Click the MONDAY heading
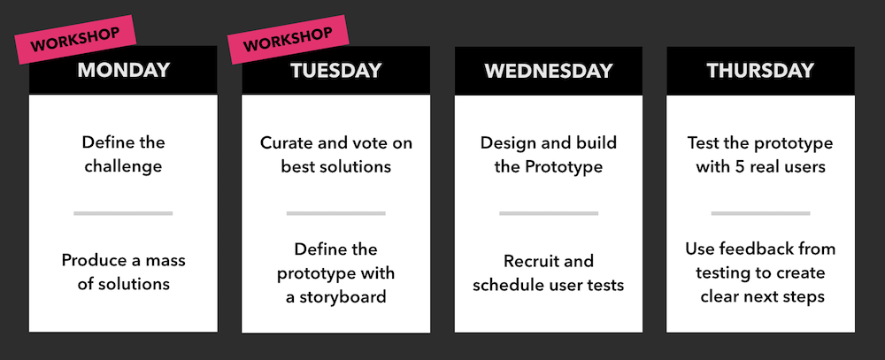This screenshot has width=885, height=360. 123,70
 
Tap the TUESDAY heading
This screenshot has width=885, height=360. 335,70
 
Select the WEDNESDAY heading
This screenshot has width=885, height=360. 548,71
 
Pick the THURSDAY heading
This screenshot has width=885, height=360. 760,71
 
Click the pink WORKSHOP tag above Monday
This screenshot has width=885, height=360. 75,40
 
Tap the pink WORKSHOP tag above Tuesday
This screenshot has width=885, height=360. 288,40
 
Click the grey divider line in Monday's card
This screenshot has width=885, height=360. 123,213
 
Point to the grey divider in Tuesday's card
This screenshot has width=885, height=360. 335,213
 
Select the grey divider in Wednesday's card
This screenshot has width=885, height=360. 549,213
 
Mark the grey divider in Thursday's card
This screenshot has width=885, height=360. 760,213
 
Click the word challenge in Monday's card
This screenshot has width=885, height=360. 123,167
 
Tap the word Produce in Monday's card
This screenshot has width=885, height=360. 93,261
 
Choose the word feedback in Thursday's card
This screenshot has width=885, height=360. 747,249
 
